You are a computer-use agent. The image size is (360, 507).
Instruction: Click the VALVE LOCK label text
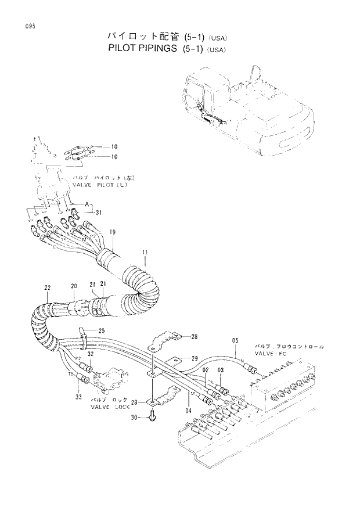pyautogui.click(x=110, y=407)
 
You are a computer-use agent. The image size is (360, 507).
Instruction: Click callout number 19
pyautogui.click(x=113, y=232)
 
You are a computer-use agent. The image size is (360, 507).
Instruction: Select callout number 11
pyautogui.click(x=145, y=252)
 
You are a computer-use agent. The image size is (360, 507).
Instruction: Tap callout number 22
pyautogui.click(x=48, y=287)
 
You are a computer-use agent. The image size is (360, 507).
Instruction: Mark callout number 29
pyautogui.click(x=194, y=358)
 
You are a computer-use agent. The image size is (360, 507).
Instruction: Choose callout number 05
pyautogui.click(x=235, y=340)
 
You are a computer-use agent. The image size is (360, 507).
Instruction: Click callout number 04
pyautogui.click(x=188, y=411)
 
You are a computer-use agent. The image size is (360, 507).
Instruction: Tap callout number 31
pyautogui.click(x=98, y=211)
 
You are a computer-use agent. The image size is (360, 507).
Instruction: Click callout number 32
pyautogui.click(x=90, y=354)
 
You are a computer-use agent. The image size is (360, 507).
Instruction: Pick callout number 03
pyautogui.click(x=220, y=370)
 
